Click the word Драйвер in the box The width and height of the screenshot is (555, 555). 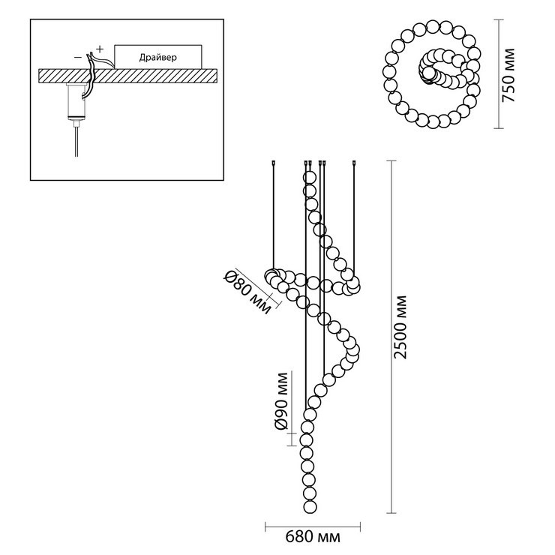pyautogui.click(x=157, y=57)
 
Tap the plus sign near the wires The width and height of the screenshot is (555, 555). pyautogui.click(x=100, y=49)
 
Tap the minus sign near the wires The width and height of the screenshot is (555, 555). pyautogui.click(x=78, y=57)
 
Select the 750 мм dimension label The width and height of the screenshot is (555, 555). pyautogui.click(x=508, y=75)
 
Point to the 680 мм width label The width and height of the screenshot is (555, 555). pyautogui.click(x=313, y=537)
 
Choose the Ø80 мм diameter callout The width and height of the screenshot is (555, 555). pyautogui.click(x=247, y=292)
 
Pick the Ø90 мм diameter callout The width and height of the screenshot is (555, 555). pyautogui.click(x=282, y=400)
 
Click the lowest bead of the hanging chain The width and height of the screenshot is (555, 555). pyautogui.click(x=310, y=507)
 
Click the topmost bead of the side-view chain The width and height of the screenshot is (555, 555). pyautogui.click(x=310, y=177)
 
